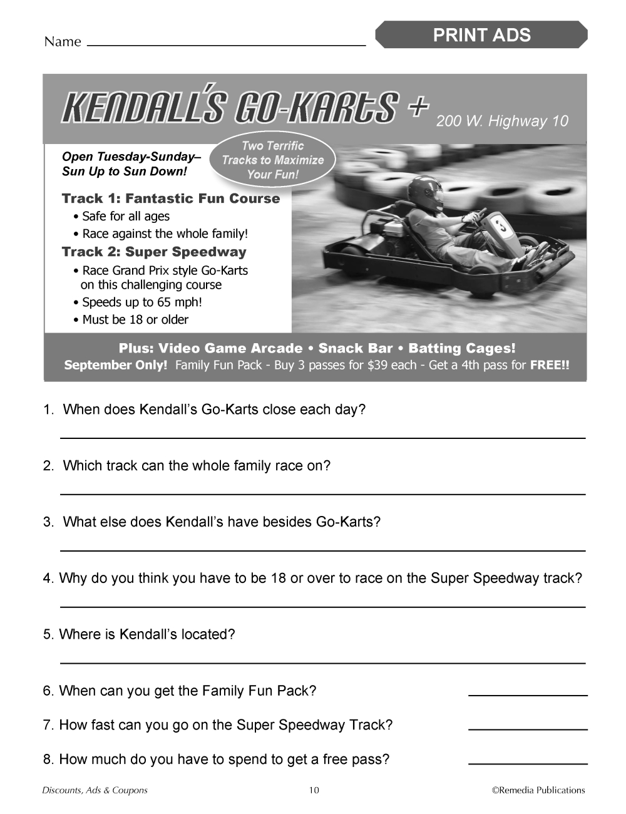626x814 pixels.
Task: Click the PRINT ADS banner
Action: (481, 35)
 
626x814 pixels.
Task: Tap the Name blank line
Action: (225, 45)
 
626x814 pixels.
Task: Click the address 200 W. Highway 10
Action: (502, 121)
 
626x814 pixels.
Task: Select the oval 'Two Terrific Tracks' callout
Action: (273, 160)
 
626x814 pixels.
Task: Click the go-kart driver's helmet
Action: (426, 193)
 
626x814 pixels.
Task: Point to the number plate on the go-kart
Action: (501, 225)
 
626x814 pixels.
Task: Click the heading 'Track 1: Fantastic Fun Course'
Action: (171, 198)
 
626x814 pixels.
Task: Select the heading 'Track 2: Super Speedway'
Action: (154, 252)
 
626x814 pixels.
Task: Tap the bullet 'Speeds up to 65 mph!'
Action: (142, 302)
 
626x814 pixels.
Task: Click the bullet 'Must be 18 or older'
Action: (135, 319)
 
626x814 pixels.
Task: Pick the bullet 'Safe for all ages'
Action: (126, 216)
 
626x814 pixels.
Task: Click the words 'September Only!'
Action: (116, 365)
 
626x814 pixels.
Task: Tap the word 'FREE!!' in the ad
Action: (550, 365)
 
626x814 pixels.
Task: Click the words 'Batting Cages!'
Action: (462, 348)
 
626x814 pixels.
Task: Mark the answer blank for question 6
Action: (528, 694)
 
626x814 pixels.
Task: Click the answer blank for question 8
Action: (528, 763)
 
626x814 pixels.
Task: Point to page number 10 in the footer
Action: (314, 790)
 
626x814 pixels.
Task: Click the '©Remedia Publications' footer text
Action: (538, 790)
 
